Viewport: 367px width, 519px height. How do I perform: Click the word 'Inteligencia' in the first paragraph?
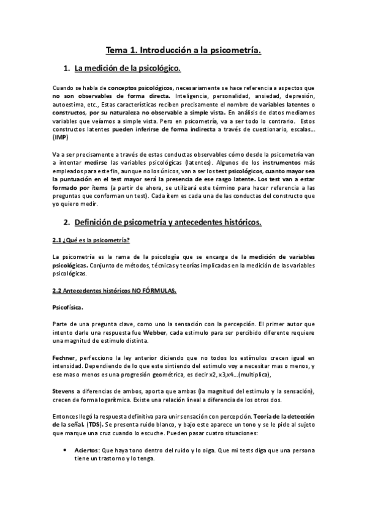pyautogui.click(x=192, y=96)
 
